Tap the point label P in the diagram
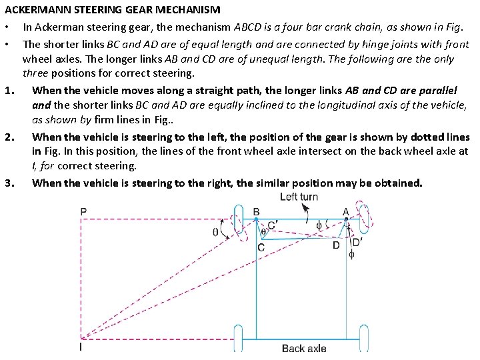83,212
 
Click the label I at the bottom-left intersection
81,347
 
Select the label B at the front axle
257,212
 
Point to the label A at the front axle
345,211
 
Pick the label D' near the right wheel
357,243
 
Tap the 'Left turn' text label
299,197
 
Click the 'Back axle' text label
304,348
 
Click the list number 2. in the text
9,137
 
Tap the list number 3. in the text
9,183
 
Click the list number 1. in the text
9,91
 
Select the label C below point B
261,247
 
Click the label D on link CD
336,246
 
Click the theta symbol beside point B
263,231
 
